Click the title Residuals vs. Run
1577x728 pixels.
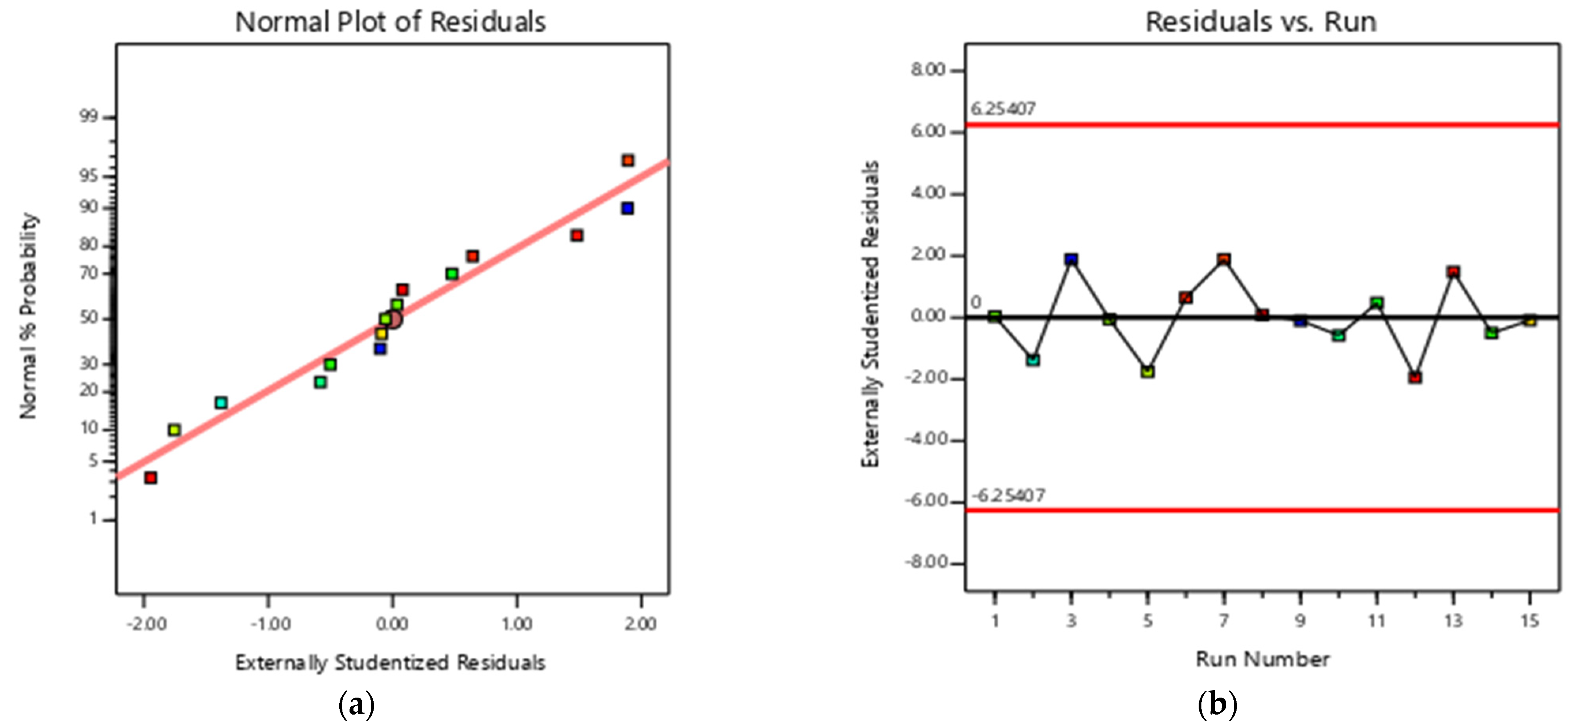(1261, 22)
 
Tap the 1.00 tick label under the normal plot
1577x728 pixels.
(517, 624)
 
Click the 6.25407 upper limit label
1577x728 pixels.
(1003, 109)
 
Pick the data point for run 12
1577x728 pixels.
(1415, 377)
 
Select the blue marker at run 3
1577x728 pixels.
(1071, 259)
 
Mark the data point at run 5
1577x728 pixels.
(1148, 372)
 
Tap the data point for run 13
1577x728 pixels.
(1453, 272)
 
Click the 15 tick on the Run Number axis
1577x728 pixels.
(1529, 621)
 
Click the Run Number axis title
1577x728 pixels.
(1262, 659)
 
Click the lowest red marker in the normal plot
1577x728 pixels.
(150, 477)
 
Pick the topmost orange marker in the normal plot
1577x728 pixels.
(628, 160)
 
